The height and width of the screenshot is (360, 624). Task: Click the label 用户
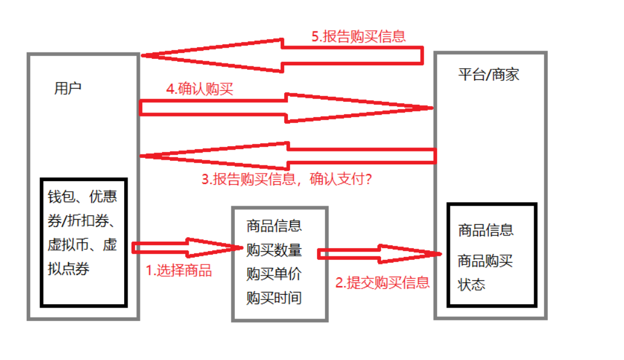(x=68, y=89)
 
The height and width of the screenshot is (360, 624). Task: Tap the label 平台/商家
(x=488, y=75)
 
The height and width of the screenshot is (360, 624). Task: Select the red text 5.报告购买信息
(x=358, y=36)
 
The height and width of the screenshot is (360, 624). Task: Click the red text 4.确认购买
(x=199, y=89)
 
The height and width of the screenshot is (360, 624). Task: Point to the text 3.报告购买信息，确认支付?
(x=287, y=179)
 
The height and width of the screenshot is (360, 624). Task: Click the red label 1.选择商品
(x=178, y=270)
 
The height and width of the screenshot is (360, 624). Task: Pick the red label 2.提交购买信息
(x=382, y=283)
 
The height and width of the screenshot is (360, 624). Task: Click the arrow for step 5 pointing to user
(x=280, y=55)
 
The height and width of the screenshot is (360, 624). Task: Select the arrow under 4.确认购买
(x=285, y=107)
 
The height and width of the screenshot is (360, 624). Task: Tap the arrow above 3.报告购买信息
(x=285, y=156)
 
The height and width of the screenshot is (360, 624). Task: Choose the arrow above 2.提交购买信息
(x=379, y=253)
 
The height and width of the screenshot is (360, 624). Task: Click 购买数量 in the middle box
(x=274, y=250)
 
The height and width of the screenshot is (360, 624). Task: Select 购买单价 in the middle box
(x=274, y=274)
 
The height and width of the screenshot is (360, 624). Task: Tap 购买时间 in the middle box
(x=274, y=298)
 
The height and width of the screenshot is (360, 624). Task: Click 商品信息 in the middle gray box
(x=274, y=225)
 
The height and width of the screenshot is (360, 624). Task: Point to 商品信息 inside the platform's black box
(x=486, y=230)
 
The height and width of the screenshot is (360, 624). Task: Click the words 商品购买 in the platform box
(x=486, y=260)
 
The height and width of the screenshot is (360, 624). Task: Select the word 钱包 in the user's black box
(x=60, y=197)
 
